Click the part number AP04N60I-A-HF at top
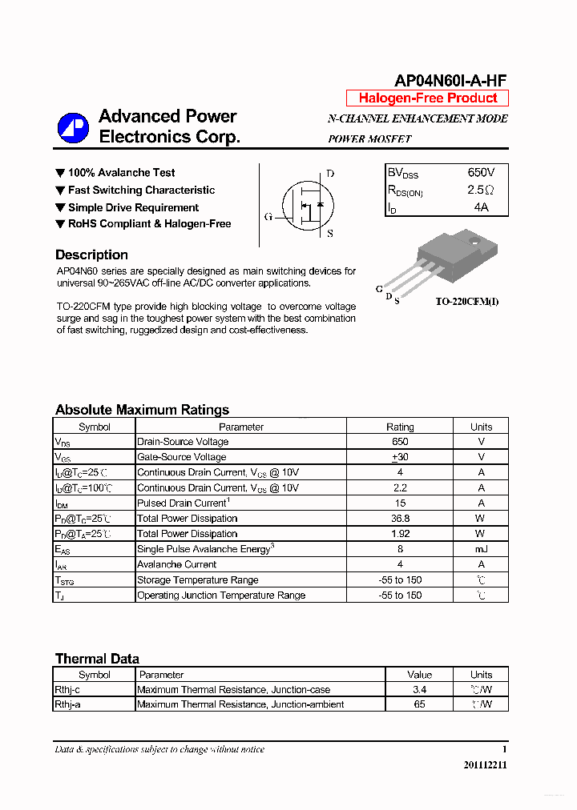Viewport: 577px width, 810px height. pyautogui.click(x=450, y=80)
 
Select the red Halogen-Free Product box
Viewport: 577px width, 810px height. pyautogui.click(x=427, y=98)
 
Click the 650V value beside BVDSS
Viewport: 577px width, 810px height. pyautogui.click(x=481, y=173)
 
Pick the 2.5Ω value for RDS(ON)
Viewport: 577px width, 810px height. pyautogui.click(x=481, y=190)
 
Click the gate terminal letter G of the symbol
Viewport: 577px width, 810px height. pyautogui.click(x=268, y=217)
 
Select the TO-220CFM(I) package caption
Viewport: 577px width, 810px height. pyautogui.click(x=467, y=302)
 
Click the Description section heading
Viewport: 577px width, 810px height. pyautogui.click(x=91, y=255)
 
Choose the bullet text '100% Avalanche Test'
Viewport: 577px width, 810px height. pyautogui.click(x=121, y=173)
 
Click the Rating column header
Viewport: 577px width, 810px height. pyautogui.click(x=400, y=427)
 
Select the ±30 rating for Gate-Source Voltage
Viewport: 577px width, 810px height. pyautogui.click(x=400, y=457)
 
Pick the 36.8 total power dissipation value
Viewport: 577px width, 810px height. pyautogui.click(x=400, y=519)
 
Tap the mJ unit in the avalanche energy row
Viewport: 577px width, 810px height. pyautogui.click(x=481, y=549)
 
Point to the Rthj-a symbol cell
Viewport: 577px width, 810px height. pyautogui.click(x=67, y=704)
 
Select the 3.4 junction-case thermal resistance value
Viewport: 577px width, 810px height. pyautogui.click(x=419, y=689)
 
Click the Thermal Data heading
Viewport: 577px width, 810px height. pyautogui.click(x=97, y=659)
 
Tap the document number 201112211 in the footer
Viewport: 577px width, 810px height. pyautogui.click(x=485, y=765)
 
